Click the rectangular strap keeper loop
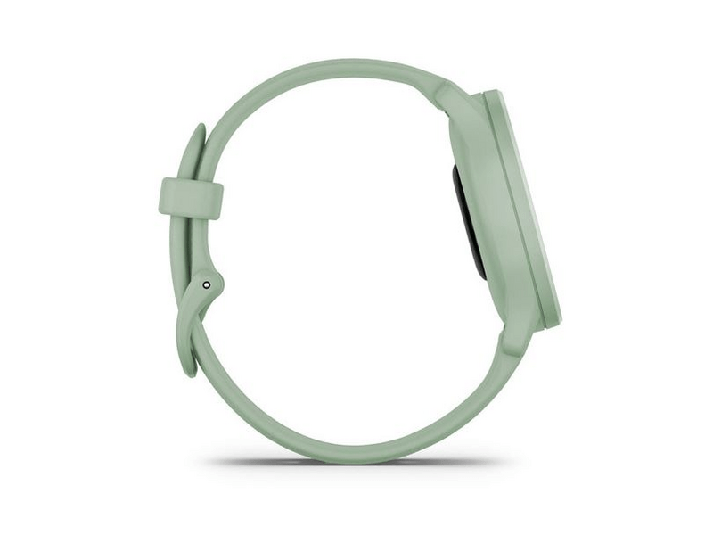[x=190, y=197]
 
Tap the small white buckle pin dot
[x=207, y=284]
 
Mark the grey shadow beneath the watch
[x=356, y=463]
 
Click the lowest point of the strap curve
[x=356, y=452]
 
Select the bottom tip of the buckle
[x=190, y=370]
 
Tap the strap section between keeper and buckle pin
[x=191, y=245]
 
